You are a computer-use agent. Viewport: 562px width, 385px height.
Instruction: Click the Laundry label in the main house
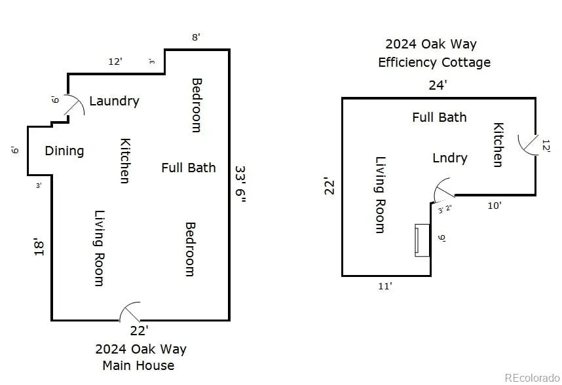pyautogui.click(x=114, y=101)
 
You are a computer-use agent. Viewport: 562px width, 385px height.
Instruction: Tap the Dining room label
pyautogui.click(x=64, y=151)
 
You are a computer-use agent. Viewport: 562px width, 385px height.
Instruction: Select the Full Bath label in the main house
pyautogui.click(x=189, y=168)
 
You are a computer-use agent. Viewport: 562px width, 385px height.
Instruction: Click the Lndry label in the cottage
pyautogui.click(x=450, y=158)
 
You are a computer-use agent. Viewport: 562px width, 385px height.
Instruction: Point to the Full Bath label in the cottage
pyautogui.click(x=440, y=117)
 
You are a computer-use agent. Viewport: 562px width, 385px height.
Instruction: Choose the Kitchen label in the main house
pyautogui.click(x=124, y=160)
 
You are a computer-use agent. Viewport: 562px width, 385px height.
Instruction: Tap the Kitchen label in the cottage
pyautogui.click(x=498, y=145)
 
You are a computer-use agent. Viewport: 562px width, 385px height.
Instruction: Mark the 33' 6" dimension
pyautogui.click(x=240, y=185)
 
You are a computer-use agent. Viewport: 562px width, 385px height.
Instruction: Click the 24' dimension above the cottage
pyautogui.click(x=438, y=85)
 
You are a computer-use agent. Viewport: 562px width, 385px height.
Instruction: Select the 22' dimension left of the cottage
pyautogui.click(x=331, y=187)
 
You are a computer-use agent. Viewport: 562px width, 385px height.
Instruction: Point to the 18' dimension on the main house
pyautogui.click(x=39, y=247)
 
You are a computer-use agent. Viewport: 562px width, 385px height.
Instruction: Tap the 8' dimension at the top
pyautogui.click(x=196, y=37)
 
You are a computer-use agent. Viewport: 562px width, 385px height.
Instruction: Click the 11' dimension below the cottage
pyautogui.click(x=385, y=286)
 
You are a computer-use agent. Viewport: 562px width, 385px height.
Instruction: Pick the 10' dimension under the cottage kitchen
pyautogui.click(x=495, y=206)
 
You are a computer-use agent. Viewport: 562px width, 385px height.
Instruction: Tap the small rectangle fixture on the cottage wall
pyautogui.click(x=422, y=240)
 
